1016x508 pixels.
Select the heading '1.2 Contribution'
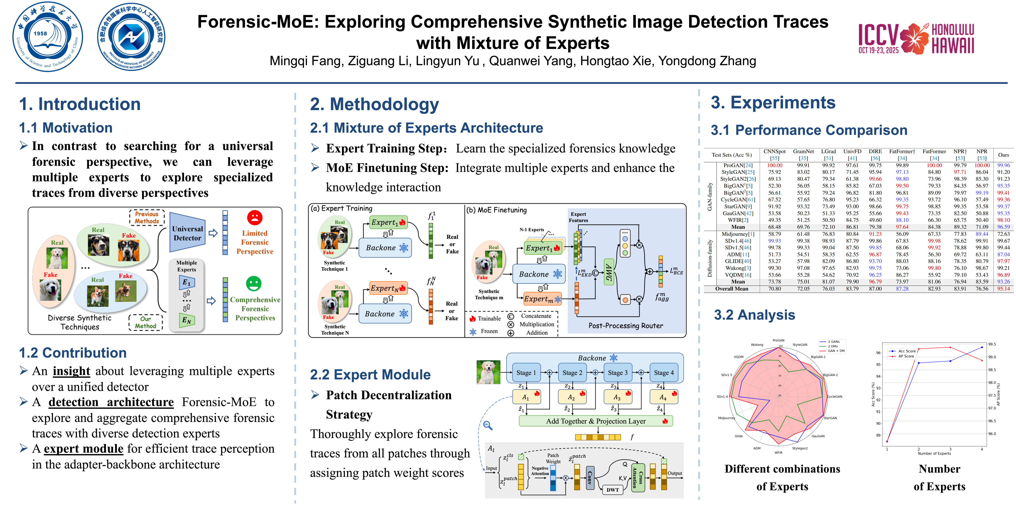[73, 353]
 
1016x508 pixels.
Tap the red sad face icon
[254, 217]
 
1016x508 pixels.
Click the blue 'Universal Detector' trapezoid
[187, 233]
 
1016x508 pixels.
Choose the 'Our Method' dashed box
[145, 322]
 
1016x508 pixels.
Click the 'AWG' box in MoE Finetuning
[609, 272]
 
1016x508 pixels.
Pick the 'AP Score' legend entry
[906, 356]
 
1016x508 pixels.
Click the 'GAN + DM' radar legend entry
[836, 351]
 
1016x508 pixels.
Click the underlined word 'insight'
[71, 371]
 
